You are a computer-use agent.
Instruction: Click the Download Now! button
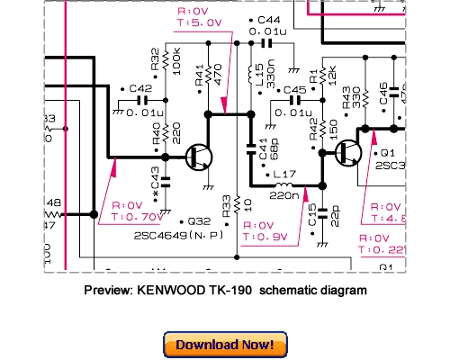tap(225, 344)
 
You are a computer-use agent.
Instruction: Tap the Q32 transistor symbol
tap(200, 157)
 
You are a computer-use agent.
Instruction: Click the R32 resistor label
tap(156, 58)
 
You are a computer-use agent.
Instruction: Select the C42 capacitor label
tap(139, 88)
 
